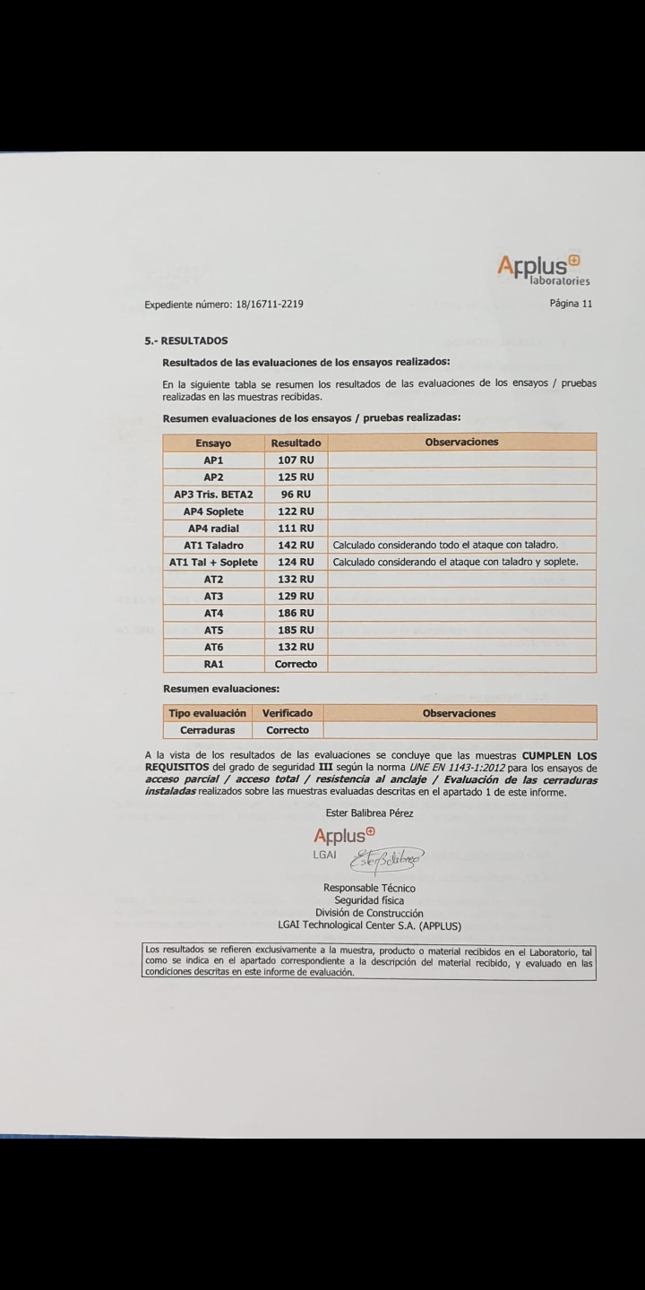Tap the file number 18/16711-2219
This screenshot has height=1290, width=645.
(269, 304)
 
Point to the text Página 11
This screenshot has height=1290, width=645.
(571, 303)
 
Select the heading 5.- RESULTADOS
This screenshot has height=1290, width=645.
(186, 340)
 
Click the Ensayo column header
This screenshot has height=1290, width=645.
(213, 443)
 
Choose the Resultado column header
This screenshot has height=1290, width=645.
(296, 443)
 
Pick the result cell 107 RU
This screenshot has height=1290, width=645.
(296, 460)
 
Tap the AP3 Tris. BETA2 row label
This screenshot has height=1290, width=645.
(213, 494)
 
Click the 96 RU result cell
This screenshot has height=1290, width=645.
(296, 494)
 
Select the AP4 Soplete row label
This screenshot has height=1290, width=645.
(213, 511)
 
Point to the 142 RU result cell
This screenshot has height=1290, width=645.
(296, 545)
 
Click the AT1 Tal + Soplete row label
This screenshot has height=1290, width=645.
(213, 562)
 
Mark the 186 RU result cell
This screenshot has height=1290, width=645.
(296, 613)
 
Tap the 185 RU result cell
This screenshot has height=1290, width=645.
(296, 630)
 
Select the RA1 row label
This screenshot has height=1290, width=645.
(213, 664)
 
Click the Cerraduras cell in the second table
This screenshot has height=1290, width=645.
(207, 730)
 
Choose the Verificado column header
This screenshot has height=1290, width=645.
(288, 713)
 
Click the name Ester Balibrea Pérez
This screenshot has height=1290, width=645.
(369, 813)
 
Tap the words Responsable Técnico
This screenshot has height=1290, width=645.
(369, 888)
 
